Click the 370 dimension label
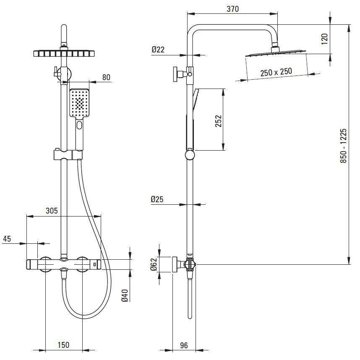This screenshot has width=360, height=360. click(x=232, y=9)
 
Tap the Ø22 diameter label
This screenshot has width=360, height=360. click(x=158, y=50)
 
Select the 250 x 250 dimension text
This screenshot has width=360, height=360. click(x=276, y=72)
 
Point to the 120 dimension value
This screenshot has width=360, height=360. click(x=324, y=39)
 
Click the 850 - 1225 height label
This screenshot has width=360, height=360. click(x=343, y=146)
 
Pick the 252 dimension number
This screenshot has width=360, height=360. click(x=218, y=121)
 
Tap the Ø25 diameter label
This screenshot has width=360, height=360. click(x=157, y=199)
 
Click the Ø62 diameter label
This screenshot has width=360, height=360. click(x=154, y=264)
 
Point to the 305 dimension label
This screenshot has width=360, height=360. click(x=52, y=211)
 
